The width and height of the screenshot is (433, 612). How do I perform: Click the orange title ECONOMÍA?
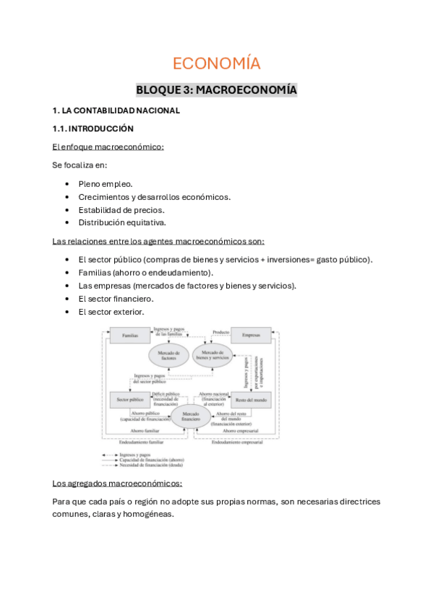216,64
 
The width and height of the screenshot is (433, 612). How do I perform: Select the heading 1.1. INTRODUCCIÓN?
93,128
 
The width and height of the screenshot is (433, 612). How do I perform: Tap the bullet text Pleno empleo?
106,184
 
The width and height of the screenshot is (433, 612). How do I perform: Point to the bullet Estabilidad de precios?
121,210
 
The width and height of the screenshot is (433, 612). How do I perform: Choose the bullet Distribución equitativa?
122,222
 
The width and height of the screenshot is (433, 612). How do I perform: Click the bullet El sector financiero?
116,298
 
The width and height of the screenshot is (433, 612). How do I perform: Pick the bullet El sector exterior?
111,311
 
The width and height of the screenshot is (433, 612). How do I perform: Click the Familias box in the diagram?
130,336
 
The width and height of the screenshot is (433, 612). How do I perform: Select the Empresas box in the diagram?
250,336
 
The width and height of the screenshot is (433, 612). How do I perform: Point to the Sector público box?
129,398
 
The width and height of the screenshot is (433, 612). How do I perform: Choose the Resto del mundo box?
249,399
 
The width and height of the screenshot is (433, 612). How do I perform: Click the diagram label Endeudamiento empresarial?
236,442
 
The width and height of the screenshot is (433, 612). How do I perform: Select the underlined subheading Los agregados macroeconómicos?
117,483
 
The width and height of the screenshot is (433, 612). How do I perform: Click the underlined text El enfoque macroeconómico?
108,147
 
